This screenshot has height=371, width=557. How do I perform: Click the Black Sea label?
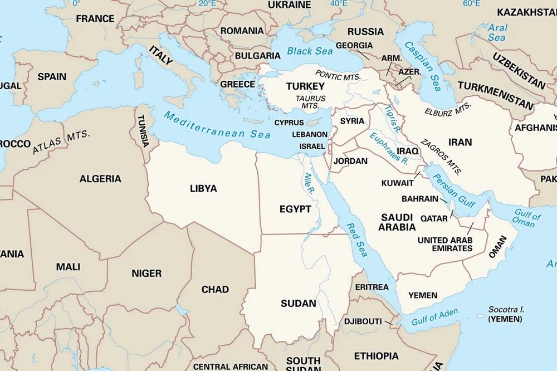click(310, 51)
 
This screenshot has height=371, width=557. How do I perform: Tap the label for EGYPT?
click(295, 209)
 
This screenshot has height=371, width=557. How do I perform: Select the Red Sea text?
click(357, 240)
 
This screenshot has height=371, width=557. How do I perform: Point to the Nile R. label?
click(309, 183)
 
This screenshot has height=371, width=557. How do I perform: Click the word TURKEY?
click(305, 86)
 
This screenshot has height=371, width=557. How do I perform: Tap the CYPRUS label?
click(289, 123)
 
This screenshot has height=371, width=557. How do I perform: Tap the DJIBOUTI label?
click(363, 321)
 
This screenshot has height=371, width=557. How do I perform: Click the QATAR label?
click(434, 218)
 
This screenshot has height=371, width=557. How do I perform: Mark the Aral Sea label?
click(497, 33)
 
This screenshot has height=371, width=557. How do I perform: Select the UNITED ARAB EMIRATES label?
click(444, 244)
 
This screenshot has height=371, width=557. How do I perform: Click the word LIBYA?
click(203, 188)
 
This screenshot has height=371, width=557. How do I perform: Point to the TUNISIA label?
click(143, 131)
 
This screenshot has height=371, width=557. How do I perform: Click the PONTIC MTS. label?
click(338, 75)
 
